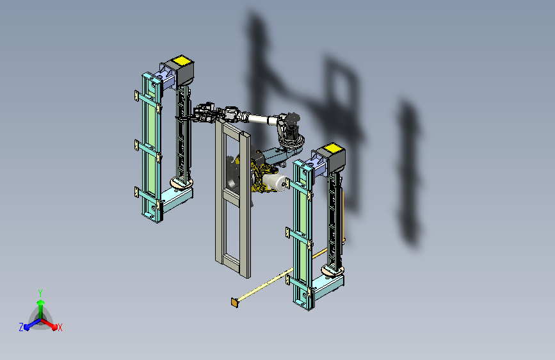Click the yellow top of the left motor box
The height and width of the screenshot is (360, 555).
(x=182, y=60)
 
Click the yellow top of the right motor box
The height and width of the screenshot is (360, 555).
(x=333, y=148)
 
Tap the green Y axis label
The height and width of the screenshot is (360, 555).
(x=40, y=293)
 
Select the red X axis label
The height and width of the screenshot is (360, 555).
(x=60, y=327)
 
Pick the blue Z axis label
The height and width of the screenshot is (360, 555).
(x=21, y=327)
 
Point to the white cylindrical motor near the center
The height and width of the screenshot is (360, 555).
(x=275, y=183)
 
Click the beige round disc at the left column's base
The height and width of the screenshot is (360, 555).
(x=182, y=183)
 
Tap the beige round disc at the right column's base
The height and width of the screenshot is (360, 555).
(x=332, y=270)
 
